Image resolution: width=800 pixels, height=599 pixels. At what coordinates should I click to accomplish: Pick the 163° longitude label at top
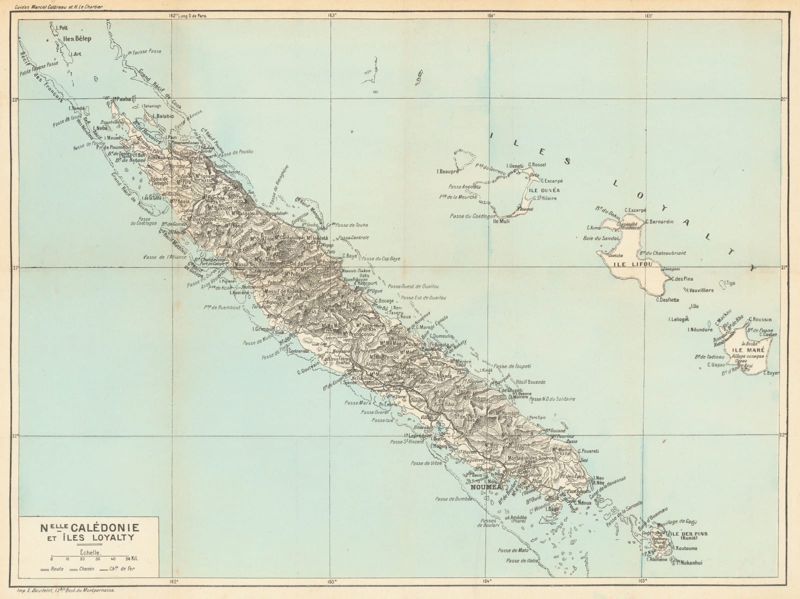click(x=331, y=16)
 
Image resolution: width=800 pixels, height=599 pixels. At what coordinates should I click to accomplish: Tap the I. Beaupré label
click(x=447, y=172)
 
